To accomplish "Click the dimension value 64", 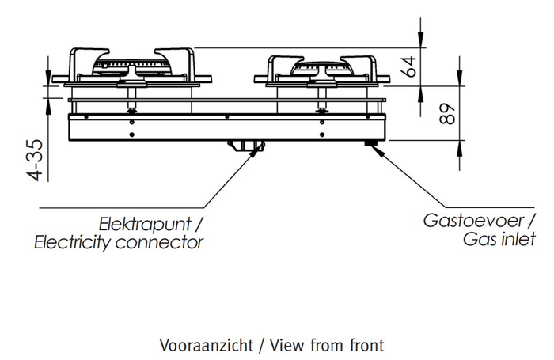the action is [409, 66].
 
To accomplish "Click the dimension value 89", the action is [447, 114].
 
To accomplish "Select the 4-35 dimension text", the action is [36, 161].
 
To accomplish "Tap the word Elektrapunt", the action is [145, 225].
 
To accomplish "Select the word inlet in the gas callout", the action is [519, 239].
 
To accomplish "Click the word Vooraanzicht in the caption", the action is [207, 345].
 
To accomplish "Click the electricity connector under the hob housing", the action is [246, 146].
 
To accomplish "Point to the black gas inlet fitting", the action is [370, 142].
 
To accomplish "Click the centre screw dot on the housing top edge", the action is [227, 117].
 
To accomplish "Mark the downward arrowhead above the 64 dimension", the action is [420, 39].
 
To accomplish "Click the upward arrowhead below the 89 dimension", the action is [459, 149].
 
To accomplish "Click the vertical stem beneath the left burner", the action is [132, 98].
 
